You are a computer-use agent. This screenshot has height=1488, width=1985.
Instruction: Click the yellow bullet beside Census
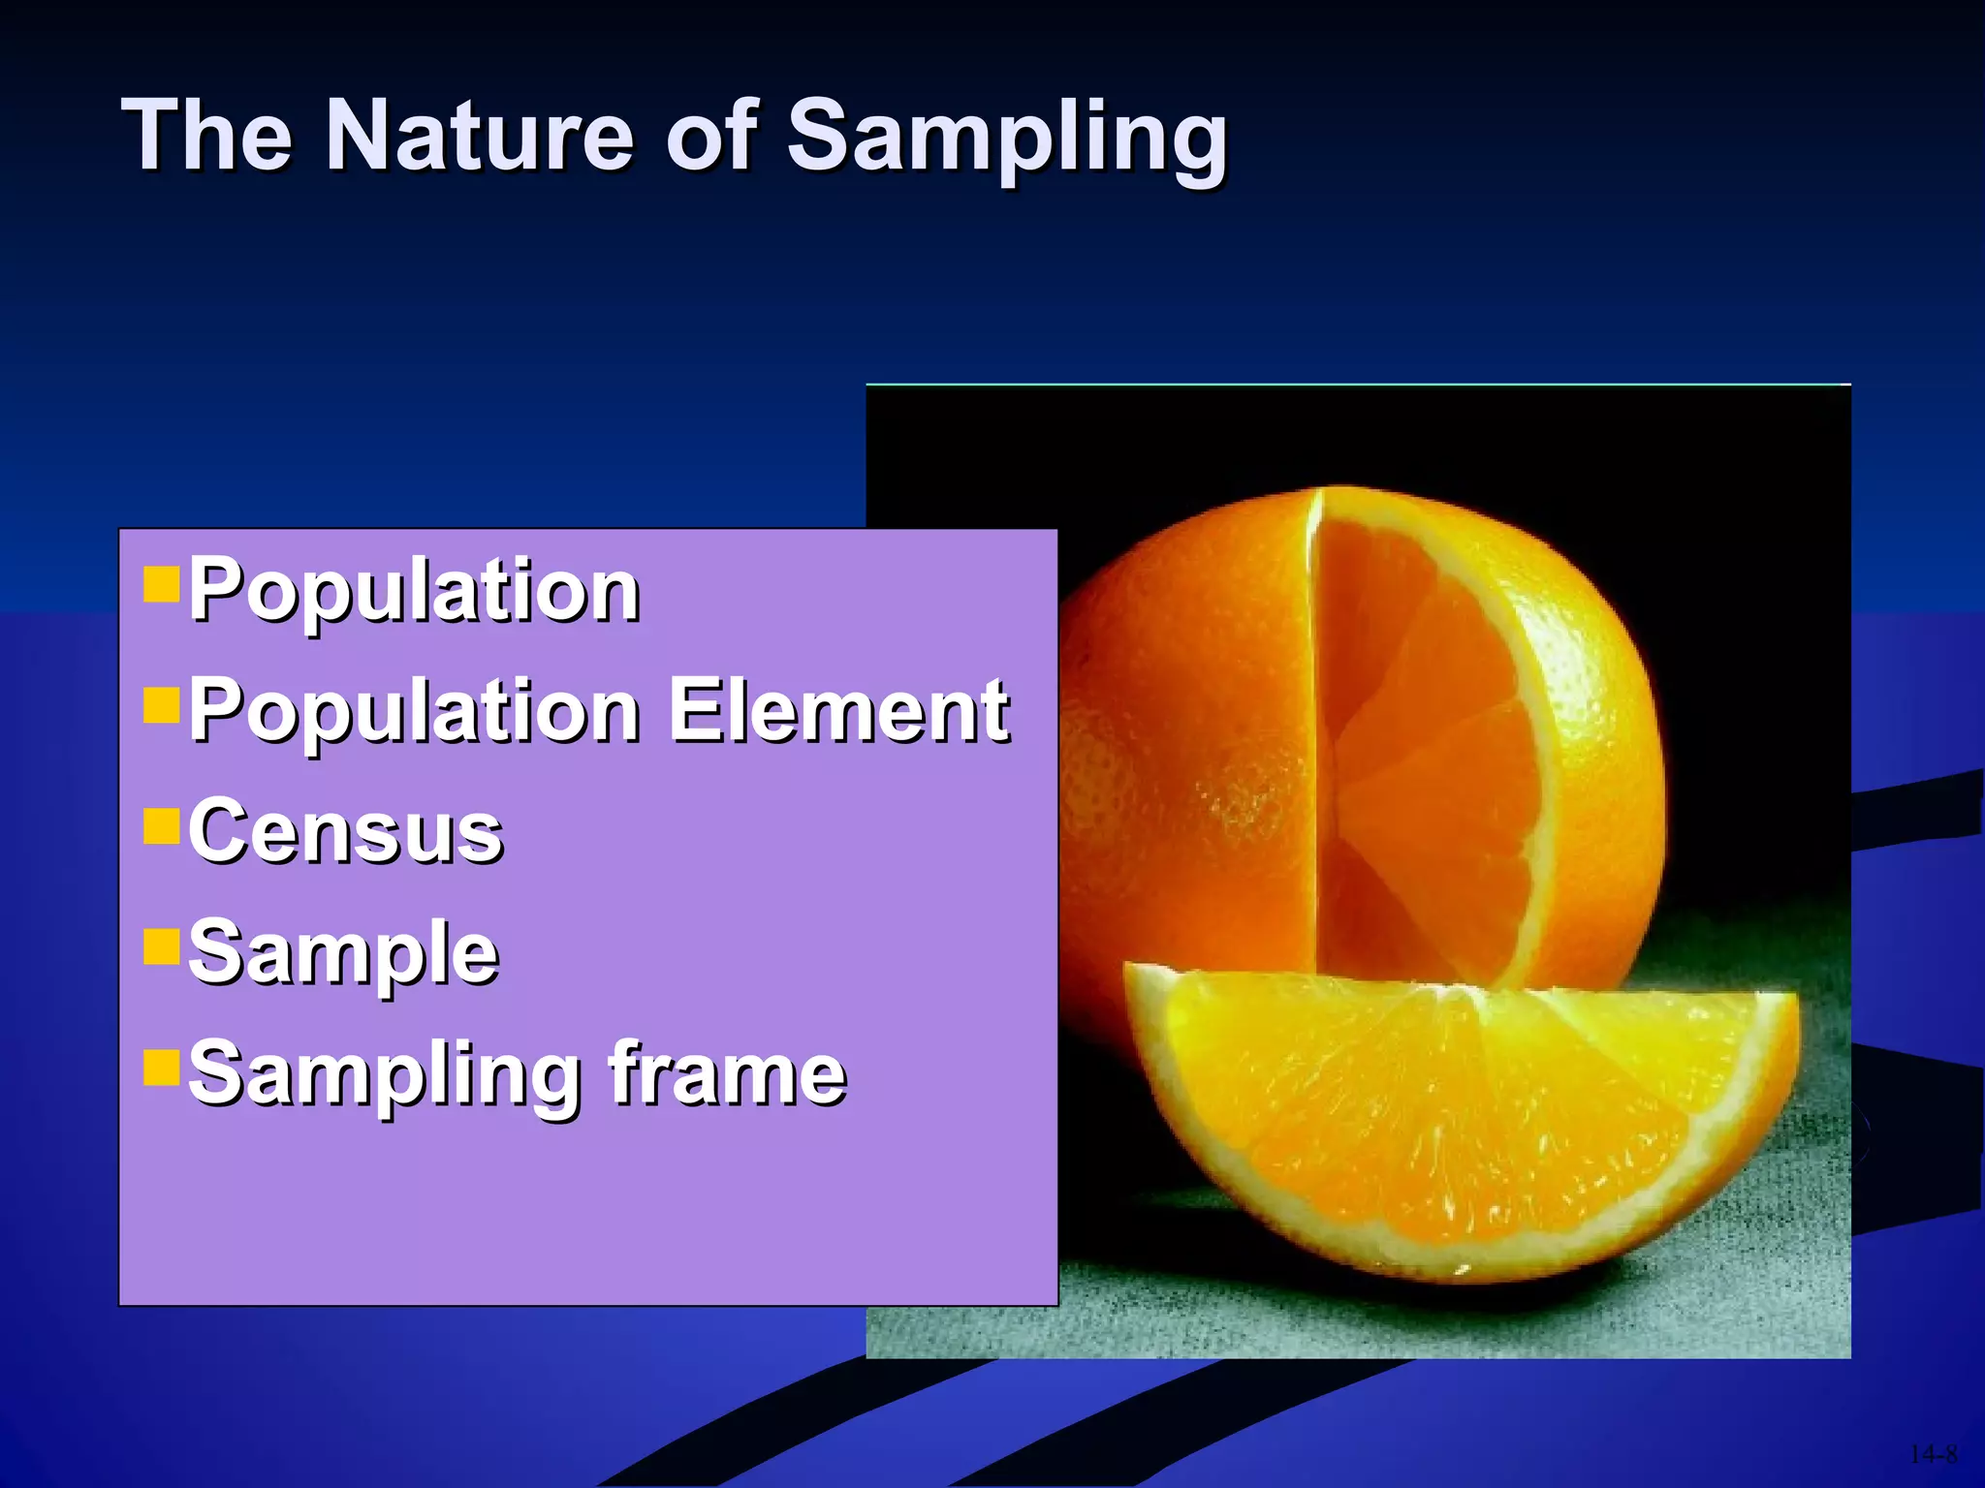click(161, 827)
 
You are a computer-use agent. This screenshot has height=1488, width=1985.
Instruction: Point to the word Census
click(345, 831)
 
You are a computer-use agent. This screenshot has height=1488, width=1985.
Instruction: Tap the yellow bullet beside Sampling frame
click(161, 1068)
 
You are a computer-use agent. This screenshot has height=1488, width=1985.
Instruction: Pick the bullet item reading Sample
click(343, 952)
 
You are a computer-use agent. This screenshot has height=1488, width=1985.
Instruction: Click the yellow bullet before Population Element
click(161, 706)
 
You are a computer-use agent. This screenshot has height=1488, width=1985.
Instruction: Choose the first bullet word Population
click(414, 590)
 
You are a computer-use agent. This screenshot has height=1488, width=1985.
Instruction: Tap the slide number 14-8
click(1933, 1454)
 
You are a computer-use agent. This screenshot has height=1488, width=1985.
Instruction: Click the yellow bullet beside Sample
click(161, 947)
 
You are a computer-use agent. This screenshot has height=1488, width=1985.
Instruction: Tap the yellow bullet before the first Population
click(161, 585)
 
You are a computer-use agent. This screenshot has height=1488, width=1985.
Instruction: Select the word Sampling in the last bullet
click(383, 1075)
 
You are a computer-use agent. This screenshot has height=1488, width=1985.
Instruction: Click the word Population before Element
click(414, 712)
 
